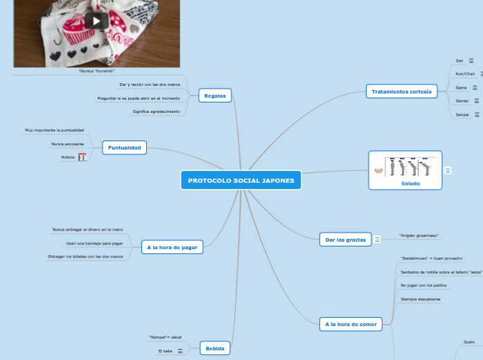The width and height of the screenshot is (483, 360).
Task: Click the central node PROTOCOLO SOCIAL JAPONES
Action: [x=241, y=181]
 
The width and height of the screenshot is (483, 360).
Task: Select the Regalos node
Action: [x=215, y=96]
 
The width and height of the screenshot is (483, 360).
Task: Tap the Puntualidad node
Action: [x=125, y=147]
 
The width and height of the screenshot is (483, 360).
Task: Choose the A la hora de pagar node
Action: [x=173, y=246]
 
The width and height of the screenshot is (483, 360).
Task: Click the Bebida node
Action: [x=215, y=349]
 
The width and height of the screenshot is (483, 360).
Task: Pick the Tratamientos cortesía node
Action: [x=401, y=91]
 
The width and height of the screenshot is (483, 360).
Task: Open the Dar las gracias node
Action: [x=345, y=240]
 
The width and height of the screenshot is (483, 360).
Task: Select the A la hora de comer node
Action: [x=351, y=324]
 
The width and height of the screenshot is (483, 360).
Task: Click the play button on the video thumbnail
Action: [x=97, y=20]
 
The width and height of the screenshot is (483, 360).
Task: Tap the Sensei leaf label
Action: [x=462, y=100]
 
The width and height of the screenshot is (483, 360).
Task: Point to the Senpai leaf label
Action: [x=462, y=114]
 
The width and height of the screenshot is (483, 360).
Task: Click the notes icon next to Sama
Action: [x=475, y=88]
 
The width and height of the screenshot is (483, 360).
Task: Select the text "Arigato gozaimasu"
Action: [x=418, y=236]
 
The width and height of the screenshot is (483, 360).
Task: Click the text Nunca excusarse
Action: [x=67, y=144]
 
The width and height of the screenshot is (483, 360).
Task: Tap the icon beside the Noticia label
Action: [x=82, y=158]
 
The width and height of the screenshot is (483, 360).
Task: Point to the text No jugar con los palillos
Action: [x=423, y=285]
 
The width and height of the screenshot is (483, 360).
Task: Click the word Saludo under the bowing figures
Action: [x=410, y=183]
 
